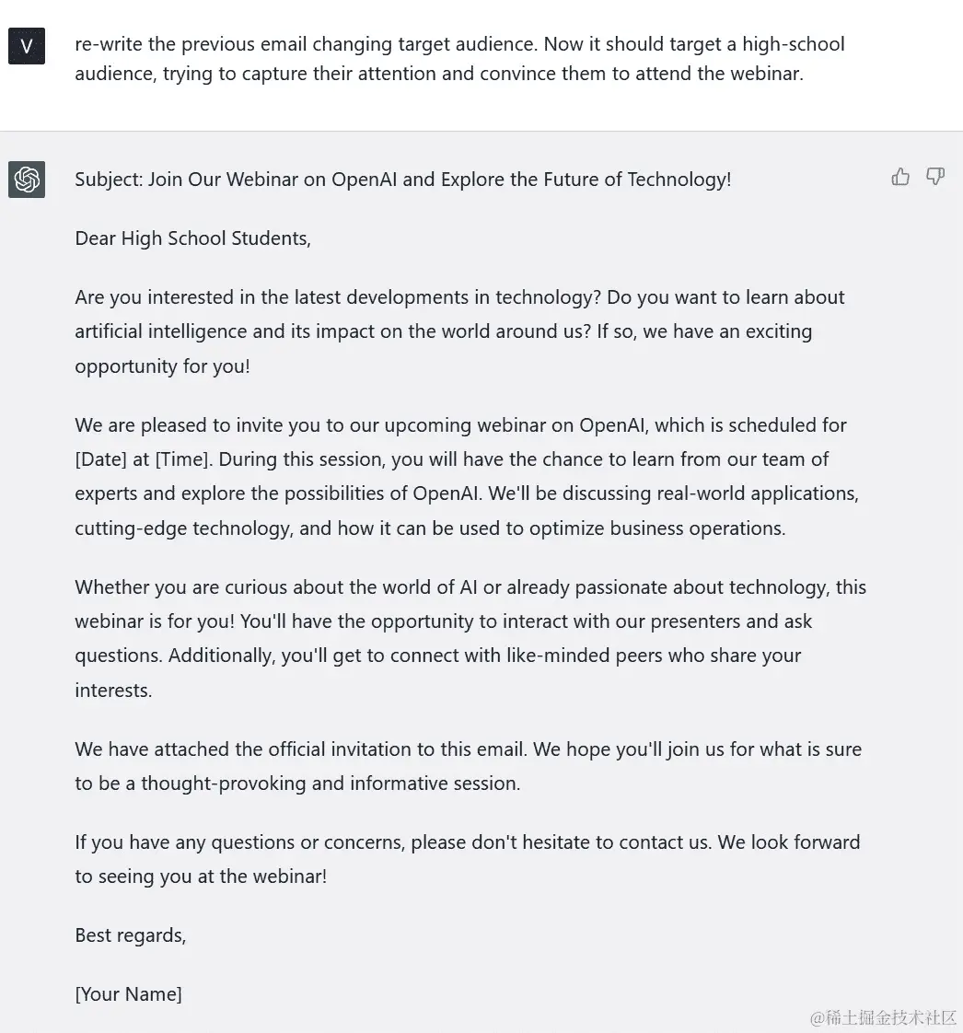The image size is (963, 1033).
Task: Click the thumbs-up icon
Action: (x=900, y=177)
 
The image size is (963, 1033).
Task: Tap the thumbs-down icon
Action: (x=935, y=177)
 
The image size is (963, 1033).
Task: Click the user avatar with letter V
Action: (x=27, y=46)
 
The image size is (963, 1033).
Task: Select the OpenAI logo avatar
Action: (x=27, y=180)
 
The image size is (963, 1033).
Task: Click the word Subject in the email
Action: (x=108, y=180)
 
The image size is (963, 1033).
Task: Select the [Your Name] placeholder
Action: (x=128, y=994)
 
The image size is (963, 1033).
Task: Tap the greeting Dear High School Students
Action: (x=192, y=238)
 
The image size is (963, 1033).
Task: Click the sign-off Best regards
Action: (x=130, y=935)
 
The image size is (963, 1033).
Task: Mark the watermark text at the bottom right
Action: (x=883, y=1017)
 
